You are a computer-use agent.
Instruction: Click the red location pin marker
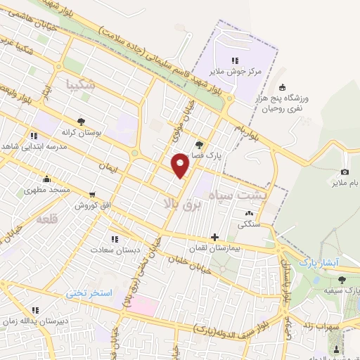(x=181, y=165)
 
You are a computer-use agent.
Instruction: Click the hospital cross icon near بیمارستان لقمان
(x=214, y=238)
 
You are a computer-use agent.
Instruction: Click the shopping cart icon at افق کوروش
(x=92, y=194)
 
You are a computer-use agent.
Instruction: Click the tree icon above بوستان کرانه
(x=81, y=121)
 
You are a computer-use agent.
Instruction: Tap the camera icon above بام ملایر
(x=345, y=172)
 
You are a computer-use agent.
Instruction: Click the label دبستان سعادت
(x=113, y=250)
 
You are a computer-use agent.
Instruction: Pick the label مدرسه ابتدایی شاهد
(x=33, y=146)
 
